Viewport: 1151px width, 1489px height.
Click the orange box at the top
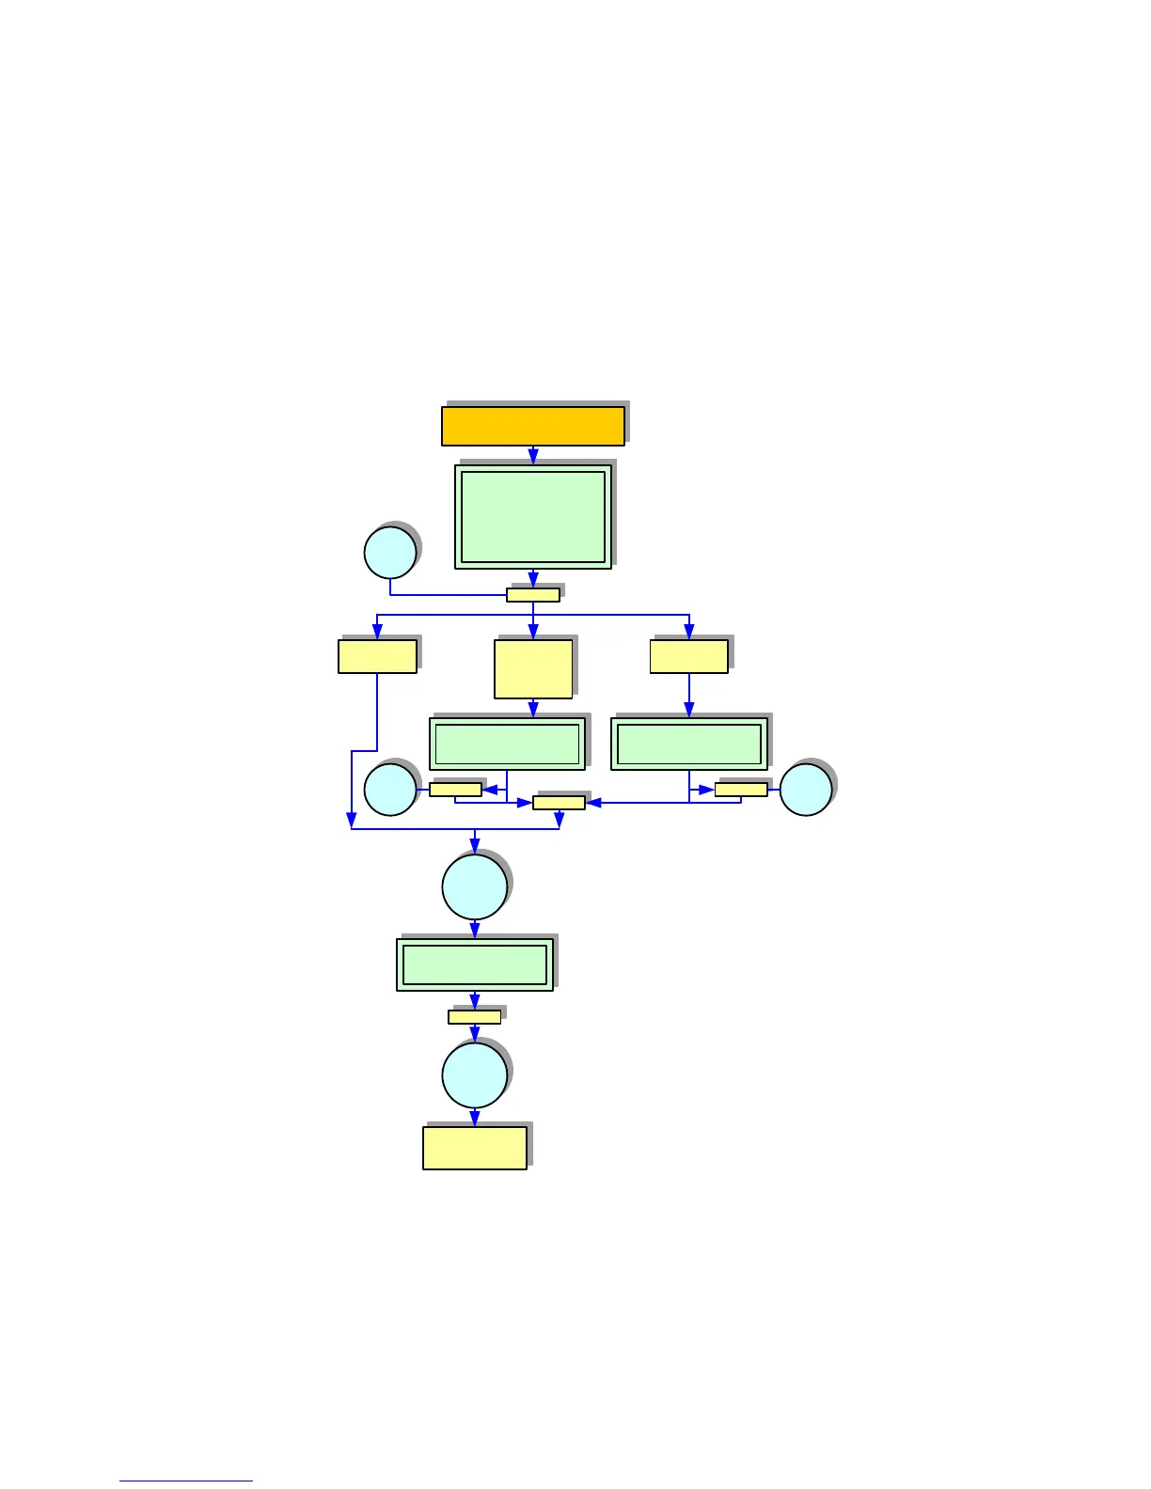[532, 426]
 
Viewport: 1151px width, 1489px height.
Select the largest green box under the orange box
[533, 516]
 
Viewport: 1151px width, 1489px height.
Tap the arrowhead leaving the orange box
[533, 456]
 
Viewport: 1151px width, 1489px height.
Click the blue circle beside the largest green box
[390, 553]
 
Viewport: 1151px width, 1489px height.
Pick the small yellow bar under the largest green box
[533, 595]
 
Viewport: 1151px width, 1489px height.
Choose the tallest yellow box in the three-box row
[533, 669]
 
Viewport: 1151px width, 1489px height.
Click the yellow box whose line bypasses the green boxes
[377, 656]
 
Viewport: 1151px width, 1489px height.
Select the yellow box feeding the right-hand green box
[689, 656]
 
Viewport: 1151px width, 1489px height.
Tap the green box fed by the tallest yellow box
[507, 744]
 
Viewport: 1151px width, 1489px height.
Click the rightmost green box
[689, 744]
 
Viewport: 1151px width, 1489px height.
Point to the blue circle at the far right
[806, 790]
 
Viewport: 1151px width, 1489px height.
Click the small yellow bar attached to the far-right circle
[741, 790]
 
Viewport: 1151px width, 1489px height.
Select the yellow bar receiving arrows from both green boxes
[559, 803]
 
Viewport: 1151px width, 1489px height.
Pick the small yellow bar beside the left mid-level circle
[455, 790]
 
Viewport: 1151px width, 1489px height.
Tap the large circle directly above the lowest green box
[475, 886]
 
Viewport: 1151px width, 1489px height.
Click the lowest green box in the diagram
[475, 964]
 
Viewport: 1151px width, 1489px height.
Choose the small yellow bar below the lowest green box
[475, 1017]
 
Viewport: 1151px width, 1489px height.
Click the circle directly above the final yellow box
[475, 1075]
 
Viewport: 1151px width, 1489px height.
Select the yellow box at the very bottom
[475, 1148]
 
